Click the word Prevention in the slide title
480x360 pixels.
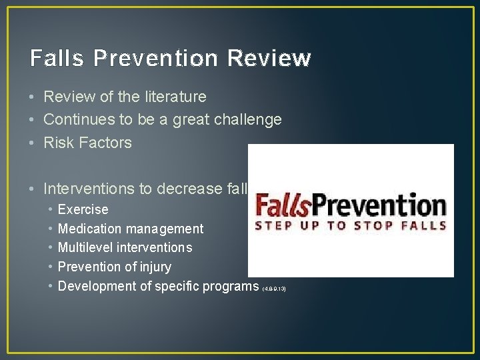(x=156, y=58)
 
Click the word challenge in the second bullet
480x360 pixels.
(x=249, y=120)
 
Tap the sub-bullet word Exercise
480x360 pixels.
(x=83, y=209)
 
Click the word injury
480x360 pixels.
(x=154, y=267)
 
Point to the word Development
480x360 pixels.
(x=99, y=287)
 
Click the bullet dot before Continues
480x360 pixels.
(x=33, y=121)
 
